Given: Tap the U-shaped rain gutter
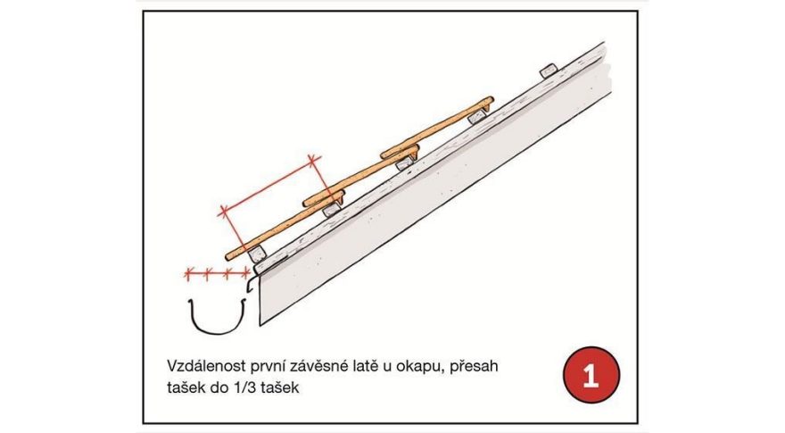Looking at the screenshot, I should (x=217, y=317).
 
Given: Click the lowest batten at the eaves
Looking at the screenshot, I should (x=257, y=255).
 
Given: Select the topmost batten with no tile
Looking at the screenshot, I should (x=547, y=71).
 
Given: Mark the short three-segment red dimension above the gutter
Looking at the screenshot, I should (x=215, y=273).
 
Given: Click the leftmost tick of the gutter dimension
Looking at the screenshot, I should (x=186, y=273).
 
